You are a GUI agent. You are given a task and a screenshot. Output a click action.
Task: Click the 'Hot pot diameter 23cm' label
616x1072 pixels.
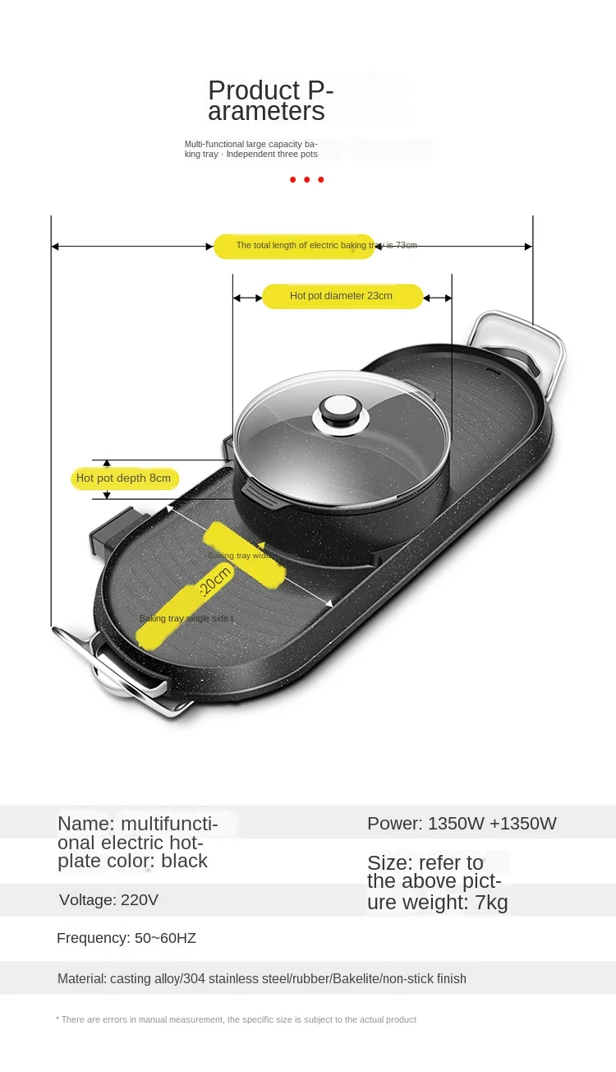[x=342, y=296]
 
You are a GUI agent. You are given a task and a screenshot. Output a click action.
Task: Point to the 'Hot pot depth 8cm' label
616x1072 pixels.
[x=124, y=478]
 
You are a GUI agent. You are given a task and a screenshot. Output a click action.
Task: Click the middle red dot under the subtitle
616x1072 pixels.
[x=307, y=179]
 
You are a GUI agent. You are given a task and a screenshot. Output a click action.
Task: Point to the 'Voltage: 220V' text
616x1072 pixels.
[x=108, y=900]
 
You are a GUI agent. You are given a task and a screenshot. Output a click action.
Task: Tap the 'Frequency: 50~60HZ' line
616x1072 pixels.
[x=126, y=938]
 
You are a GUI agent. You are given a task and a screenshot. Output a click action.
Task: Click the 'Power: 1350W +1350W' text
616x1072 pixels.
[x=462, y=824]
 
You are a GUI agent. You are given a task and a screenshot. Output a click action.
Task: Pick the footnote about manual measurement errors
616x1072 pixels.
[x=237, y=1019]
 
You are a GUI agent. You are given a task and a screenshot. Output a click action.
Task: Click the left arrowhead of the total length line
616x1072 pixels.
[x=55, y=246]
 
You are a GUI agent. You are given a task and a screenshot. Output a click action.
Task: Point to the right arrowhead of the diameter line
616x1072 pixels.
[x=448, y=298]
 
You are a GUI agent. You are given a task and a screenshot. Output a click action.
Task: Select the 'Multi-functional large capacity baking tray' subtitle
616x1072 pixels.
[x=251, y=149]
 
